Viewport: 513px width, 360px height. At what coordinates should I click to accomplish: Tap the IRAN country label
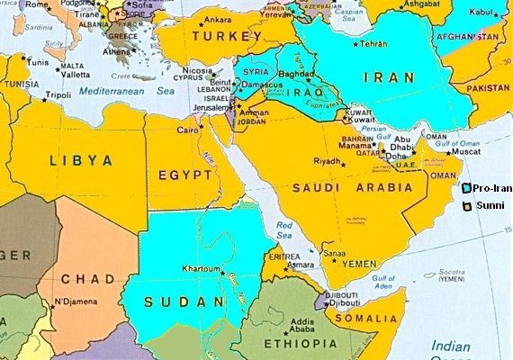(388, 78)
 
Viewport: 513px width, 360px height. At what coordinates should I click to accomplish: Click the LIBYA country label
(82, 160)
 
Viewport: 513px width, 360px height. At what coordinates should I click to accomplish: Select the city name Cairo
(187, 130)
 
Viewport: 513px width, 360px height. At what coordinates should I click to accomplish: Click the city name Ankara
(219, 20)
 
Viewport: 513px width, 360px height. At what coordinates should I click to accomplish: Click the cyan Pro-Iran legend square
(465, 188)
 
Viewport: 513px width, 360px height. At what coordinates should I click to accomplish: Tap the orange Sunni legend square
(466, 206)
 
